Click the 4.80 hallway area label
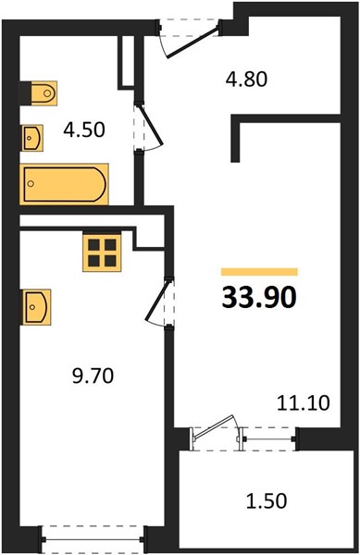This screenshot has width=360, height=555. [x=246, y=80]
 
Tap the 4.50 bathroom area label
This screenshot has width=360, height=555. [x=84, y=129]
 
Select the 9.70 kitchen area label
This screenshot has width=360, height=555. [x=93, y=376]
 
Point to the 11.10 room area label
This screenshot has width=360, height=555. [x=303, y=402]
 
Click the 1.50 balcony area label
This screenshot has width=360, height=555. [x=267, y=501]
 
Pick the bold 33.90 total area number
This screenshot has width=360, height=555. [x=259, y=297]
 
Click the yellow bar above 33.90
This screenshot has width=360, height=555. [x=259, y=272]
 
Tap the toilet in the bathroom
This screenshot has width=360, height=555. [x=43, y=93]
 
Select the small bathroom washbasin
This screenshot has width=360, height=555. [x=32, y=138]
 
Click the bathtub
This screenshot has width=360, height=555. [x=64, y=184]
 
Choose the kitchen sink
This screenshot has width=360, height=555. [x=36, y=307]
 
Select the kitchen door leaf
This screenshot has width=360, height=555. [x=156, y=300]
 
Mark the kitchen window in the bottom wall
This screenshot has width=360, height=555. [x=93, y=539]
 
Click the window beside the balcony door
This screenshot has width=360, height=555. [x=268, y=438]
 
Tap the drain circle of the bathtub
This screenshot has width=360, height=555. [x=31, y=183]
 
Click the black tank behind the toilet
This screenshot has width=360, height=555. [x=25, y=93]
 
